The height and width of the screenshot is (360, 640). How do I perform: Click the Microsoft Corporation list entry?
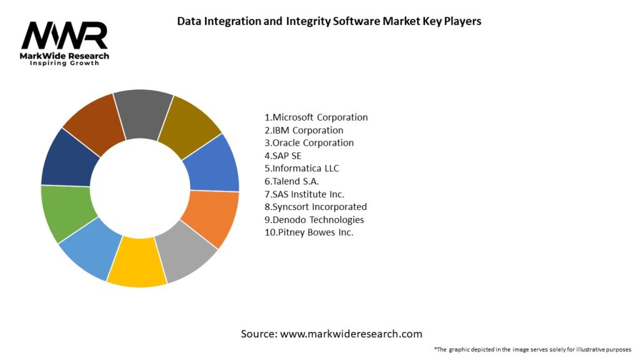(x=316, y=117)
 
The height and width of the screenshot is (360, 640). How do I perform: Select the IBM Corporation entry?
(x=304, y=130)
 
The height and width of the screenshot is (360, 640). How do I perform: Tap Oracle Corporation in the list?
(x=309, y=142)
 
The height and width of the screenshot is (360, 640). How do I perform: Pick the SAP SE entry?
(x=282, y=156)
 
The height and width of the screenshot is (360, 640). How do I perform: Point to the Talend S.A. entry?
(x=291, y=181)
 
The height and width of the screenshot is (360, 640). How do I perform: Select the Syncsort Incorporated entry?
(x=315, y=206)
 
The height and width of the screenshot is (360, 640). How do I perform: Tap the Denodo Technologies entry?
(x=314, y=219)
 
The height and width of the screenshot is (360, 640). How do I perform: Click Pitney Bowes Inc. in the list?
(x=308, y=232)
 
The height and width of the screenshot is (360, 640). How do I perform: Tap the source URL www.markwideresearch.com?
(x=351, y=334)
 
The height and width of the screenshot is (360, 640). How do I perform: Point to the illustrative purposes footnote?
(x=532, y=349)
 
